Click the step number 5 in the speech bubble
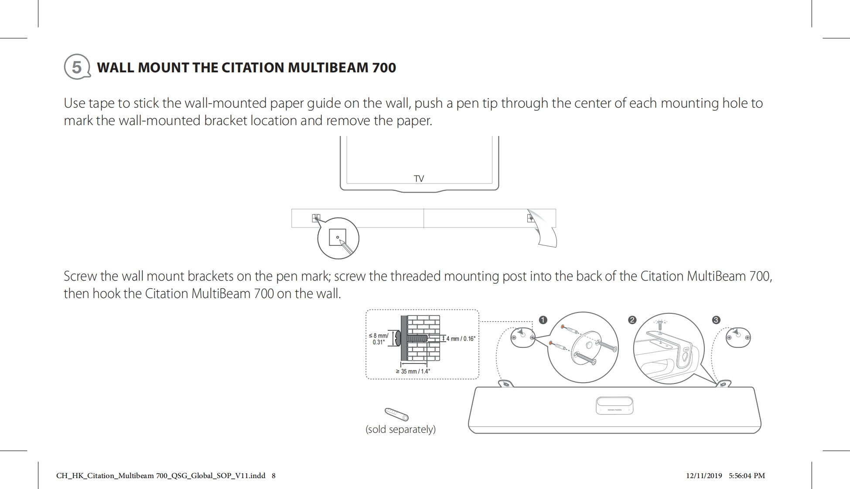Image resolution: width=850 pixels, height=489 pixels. point(77,67)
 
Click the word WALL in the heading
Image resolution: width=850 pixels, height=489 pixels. point(113,68)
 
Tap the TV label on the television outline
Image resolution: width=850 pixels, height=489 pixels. point(419,179)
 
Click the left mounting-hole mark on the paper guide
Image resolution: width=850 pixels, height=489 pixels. point(316,218)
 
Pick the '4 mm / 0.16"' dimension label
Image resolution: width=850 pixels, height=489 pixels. point(461,339)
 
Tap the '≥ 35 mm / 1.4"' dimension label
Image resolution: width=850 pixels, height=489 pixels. point(413,371)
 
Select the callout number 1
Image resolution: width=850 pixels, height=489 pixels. point(543,320)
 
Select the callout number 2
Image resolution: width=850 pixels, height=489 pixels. point(632,320)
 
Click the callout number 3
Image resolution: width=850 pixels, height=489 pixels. point(716,320)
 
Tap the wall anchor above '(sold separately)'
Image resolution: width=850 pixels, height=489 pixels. point(396,414)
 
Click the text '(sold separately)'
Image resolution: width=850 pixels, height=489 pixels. point(400,429)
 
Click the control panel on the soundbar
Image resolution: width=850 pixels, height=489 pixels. point(614,406)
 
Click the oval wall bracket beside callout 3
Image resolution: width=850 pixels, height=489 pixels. point(738,337)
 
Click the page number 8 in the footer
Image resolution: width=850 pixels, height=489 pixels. point(273,475)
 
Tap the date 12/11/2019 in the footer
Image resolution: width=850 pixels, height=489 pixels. point(704,475)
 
